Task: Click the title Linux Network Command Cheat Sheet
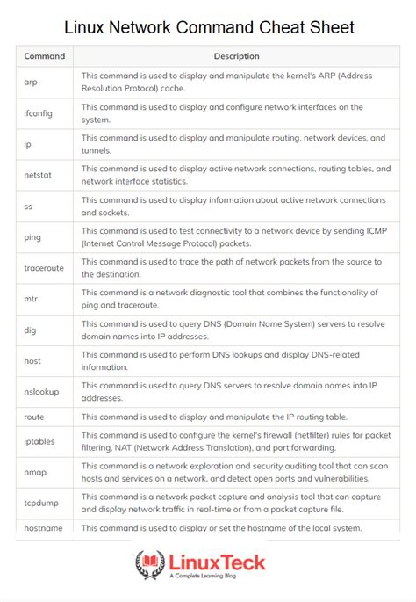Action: (208, 27)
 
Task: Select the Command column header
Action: (44, 56)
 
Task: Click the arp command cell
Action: (32, 82)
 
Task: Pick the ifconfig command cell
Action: (40, 113)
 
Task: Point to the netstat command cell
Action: (39, 175)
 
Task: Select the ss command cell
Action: (29, 206)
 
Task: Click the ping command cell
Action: (33, 236)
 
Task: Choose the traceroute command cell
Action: (45, 268)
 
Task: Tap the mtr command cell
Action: (31, 299)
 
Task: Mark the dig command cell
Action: (31, 330)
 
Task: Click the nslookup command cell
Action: (41, 391)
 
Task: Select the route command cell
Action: (35, 417)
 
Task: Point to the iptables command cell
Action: (40, 441)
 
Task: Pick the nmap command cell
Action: (35, 472)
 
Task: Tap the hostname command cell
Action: (44, 527)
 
